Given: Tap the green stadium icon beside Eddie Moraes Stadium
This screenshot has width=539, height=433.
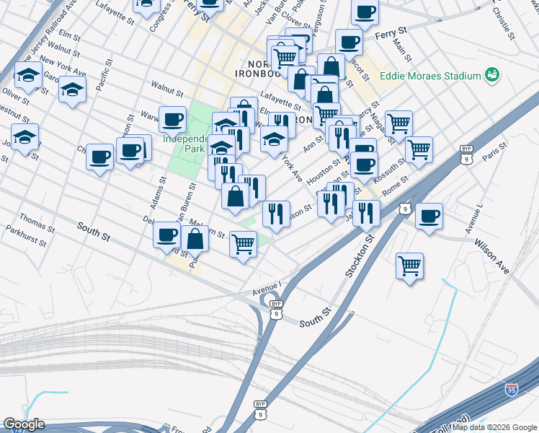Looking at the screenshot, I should (493, 74).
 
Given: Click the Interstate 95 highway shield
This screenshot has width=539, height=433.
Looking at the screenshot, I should (512, 390).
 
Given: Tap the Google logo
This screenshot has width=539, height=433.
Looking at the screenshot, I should (24, 424).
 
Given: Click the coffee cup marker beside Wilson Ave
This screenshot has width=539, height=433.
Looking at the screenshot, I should (429, 216).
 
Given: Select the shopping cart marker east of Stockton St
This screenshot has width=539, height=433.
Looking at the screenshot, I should (409, 265).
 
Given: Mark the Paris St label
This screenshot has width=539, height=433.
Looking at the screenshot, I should (494, 153).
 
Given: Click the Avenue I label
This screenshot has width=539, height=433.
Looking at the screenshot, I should (265, 290).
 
